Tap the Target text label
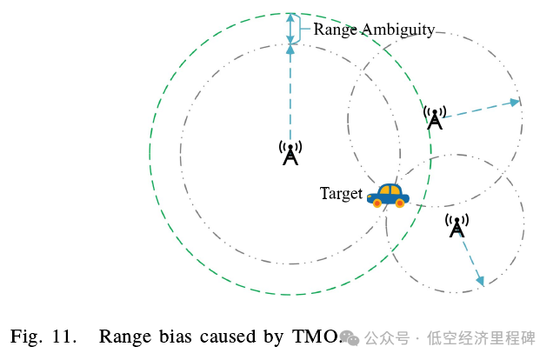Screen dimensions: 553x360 [x=340, y=194]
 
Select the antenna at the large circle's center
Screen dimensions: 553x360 [x=290, y=153]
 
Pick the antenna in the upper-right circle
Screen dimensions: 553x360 [x=435, y=117]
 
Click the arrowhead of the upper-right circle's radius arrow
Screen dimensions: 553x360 [x=515, y=102]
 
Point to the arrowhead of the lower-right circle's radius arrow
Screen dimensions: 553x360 [x=480, y=280]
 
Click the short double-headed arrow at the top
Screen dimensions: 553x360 [x=290, y=28]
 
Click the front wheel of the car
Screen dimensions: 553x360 [x=400, y=203]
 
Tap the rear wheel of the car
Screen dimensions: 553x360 [x=377, y=203]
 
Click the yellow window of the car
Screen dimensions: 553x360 [x=389, y=189]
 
